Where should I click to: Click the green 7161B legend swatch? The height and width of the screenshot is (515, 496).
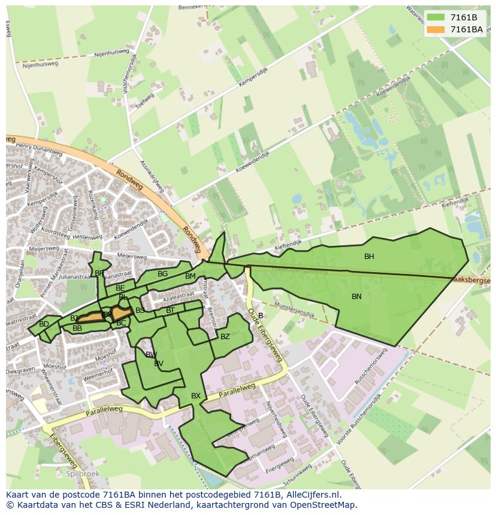tap(435, 17)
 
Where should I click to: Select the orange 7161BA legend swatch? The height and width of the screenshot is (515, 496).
tap(435, 29)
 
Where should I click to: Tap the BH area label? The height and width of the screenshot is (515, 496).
tap(369, 257)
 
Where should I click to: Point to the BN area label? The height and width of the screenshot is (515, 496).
tap(356, 297)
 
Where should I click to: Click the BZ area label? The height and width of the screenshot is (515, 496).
tap(225, 337)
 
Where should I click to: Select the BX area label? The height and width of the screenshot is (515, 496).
tap(196, 396)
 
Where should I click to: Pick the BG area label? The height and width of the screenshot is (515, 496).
tap(162, 274)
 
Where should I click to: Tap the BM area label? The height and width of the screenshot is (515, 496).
tap(190, 276)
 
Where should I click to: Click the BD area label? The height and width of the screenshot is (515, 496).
tap(44, 324)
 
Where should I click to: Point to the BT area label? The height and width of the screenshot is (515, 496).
tap(170, 310)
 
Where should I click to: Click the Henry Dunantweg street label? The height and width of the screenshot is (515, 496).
tap(35, 147)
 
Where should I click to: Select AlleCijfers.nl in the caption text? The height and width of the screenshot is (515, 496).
tap(312, 495)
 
